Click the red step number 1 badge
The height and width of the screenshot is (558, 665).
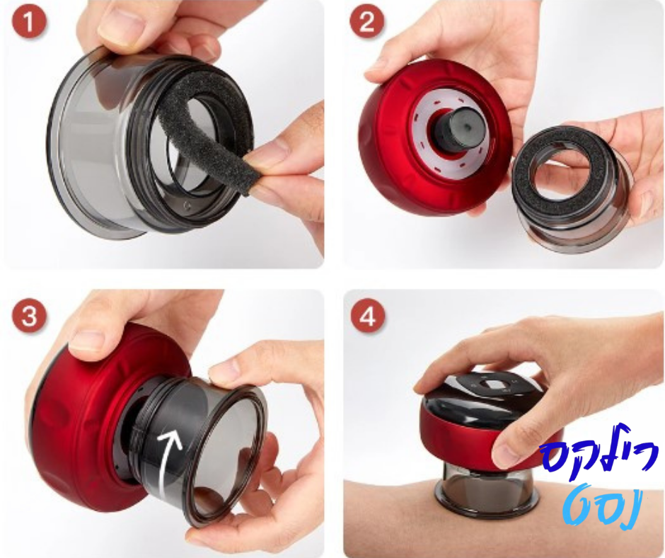(x=29, y=22)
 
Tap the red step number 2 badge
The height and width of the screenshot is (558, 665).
(x=366, y=22)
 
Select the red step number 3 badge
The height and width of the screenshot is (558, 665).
(x=29, y=317)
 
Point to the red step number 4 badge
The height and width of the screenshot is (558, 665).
(x=367, y=317)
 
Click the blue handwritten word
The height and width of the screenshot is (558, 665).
(x=599, y=451)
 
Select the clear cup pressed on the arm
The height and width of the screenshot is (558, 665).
(x=487, y=489)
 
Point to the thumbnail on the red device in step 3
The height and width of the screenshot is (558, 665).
(x=88, y=341)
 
